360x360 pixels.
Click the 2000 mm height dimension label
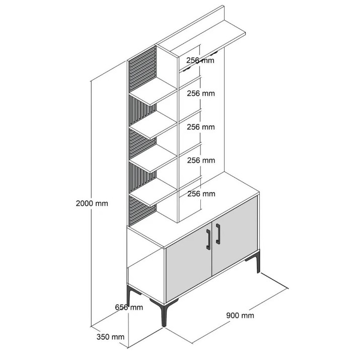[x=92, y=203]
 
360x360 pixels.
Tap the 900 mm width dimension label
[x=240, y=315]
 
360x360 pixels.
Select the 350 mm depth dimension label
[x=110, y=337]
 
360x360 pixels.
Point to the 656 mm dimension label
[x=129, y=307]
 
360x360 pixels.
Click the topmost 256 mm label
[x=200, y=60]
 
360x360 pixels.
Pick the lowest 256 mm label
[x=201, y=194]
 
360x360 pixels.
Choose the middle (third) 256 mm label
[x=201, y=127]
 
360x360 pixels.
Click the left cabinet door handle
[x=208, y=239]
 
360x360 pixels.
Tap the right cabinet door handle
[x=218, y=234]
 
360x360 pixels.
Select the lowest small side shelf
[x=153, y=192]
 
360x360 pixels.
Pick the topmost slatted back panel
[x=142, y=68]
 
